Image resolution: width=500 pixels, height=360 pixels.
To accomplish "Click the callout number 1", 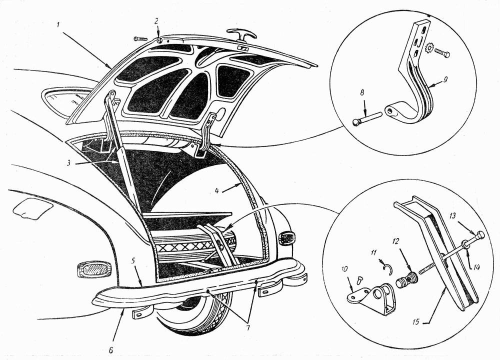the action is (58, 25).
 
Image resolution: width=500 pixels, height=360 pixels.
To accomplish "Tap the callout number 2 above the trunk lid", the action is (156, 21).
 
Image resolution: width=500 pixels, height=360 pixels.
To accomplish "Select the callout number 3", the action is (68, 162).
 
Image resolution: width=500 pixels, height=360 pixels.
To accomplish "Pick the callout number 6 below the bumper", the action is (111, 349).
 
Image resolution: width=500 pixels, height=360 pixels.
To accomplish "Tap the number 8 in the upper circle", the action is (362, 93).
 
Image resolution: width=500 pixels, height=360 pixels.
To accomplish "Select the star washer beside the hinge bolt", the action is (429, 49).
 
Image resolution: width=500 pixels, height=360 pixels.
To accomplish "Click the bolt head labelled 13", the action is (480, 235).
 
